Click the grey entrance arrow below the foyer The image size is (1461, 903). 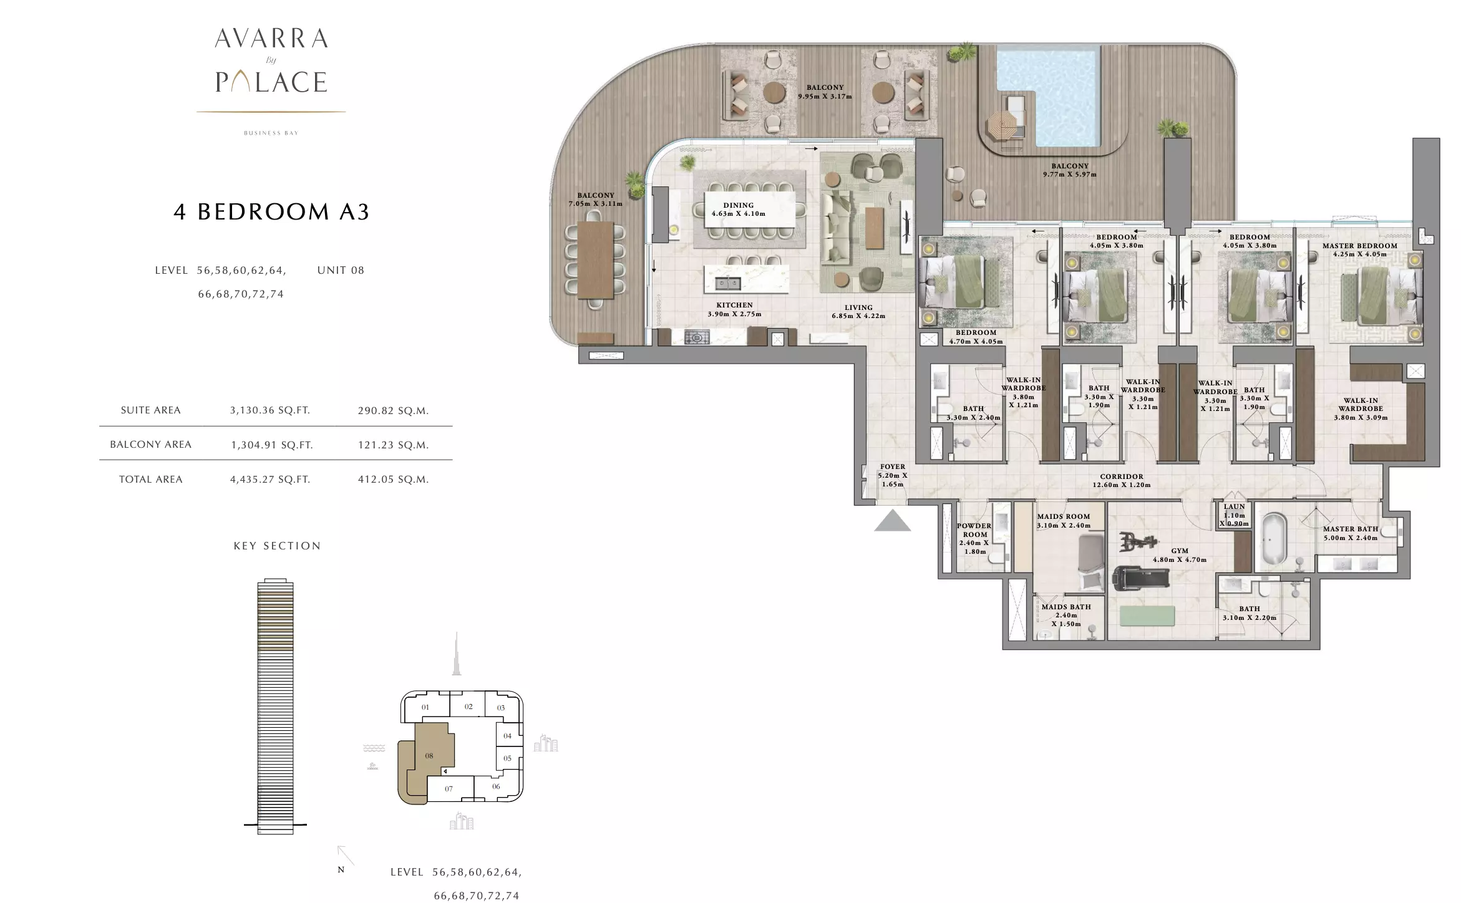point(892,521)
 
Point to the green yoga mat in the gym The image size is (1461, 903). point(1147,616)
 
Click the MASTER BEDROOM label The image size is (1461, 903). point(1360,246)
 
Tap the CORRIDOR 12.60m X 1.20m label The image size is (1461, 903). point(1122,480)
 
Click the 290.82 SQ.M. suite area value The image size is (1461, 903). point(393,410)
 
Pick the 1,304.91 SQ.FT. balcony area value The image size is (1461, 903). point(271,445)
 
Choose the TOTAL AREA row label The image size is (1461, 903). point(151,479)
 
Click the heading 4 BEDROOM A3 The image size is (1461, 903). point(271,212)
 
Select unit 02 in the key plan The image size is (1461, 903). point(468,707)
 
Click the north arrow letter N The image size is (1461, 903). point(341,869)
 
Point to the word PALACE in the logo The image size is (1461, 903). point(271,82)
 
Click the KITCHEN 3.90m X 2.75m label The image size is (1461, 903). point(734,309)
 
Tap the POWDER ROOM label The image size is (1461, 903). point(974,530)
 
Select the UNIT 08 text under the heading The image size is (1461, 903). point(341,270)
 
